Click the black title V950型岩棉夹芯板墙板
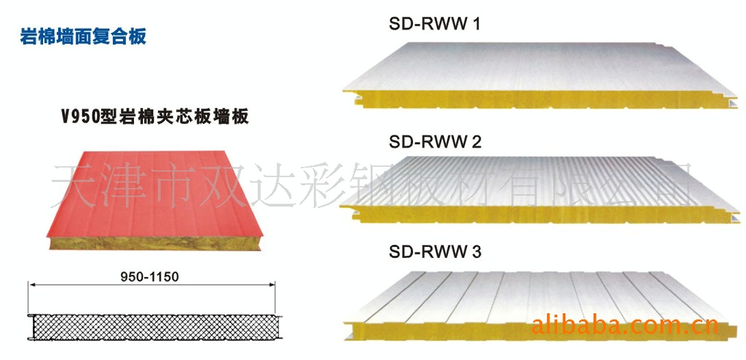click(x=154, y=116)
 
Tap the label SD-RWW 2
click(x=435, y=142)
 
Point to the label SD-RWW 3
click(x=435, y=253)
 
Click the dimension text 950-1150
click(x=149, y=277)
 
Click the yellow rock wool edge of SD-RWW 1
click(x=510, y=95)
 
